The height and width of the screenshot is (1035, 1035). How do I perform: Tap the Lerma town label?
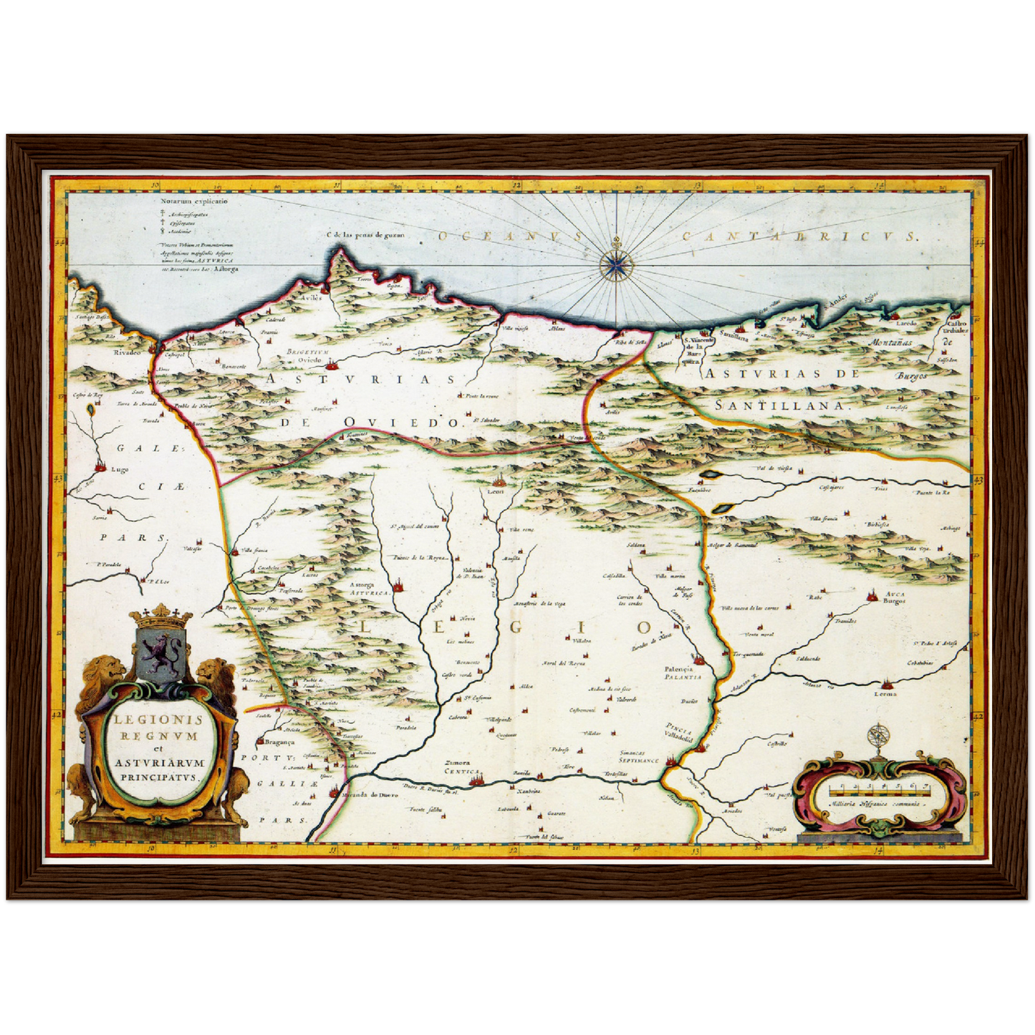(x=885, y=693)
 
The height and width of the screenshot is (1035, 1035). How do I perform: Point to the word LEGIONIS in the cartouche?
(x=156, y=720)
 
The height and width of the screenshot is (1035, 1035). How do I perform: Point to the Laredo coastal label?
(x=906, y=324)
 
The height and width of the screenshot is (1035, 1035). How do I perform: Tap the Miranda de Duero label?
(x=370, y=795)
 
